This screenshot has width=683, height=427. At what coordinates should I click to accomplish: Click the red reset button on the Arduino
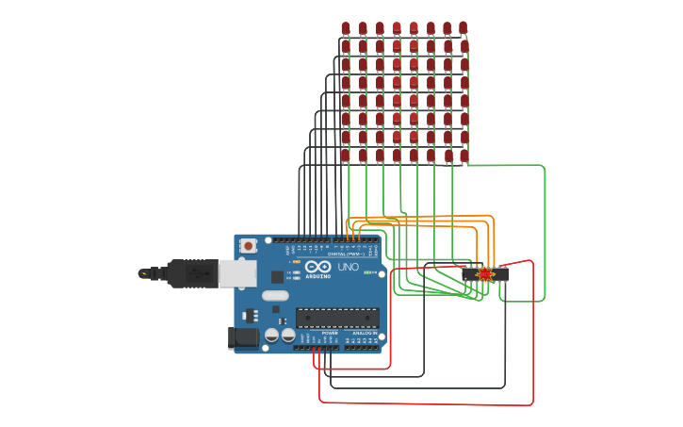pos(248,246)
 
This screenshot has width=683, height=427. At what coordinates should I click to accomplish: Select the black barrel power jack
pos(244,337)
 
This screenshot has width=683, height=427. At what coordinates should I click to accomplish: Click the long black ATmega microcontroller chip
pos(337,318)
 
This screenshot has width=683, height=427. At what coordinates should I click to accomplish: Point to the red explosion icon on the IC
pos(485,274)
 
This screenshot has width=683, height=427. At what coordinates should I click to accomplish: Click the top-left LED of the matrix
pos(346,28)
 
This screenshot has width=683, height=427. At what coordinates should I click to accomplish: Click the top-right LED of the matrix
pos(463,28)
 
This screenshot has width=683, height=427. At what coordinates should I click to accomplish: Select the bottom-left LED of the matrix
pos(345,155)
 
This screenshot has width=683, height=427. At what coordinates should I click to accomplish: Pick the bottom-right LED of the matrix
pos(463,155)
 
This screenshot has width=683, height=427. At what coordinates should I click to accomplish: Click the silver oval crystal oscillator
pos(275,295)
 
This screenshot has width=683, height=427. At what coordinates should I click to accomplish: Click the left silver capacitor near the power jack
pos(271,335)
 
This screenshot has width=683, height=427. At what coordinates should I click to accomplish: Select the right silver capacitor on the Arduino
pos(287,335)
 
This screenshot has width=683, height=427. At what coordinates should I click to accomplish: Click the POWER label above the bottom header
pos(330,333)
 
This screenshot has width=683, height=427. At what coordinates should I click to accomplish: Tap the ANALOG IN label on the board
pos(365,333)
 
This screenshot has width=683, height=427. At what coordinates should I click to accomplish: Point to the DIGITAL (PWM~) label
pos(347,255)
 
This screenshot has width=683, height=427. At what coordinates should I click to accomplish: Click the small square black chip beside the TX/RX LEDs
pos(278,276)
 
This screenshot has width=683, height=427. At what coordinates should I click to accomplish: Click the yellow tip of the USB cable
pos(143,273)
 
